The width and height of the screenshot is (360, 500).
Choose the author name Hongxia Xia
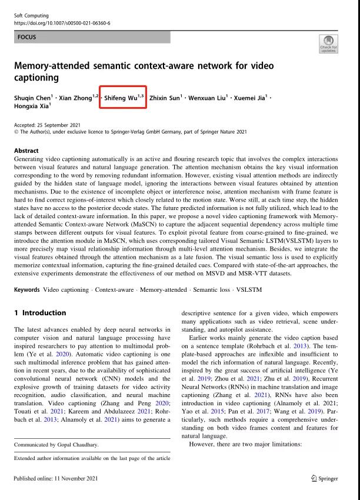coord(31,106)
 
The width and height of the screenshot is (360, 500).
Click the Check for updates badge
coord(328,43)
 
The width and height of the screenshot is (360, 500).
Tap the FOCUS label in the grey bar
coord(27,37)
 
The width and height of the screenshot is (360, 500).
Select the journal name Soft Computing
coord(30,14)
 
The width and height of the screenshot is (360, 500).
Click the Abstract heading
coord(26,151)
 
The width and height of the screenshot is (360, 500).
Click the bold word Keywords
coord(27,289)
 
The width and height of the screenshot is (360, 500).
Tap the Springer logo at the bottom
coord(324,479)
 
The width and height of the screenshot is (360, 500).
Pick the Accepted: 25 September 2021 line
coord(48,125)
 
